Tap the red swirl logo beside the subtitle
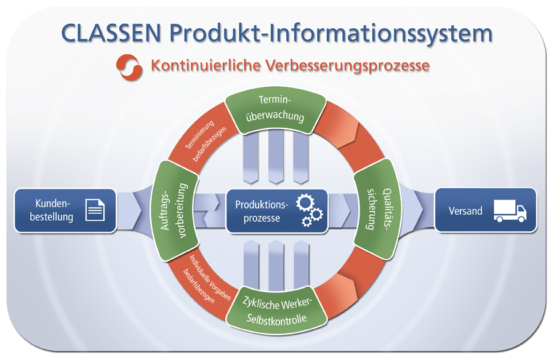130,66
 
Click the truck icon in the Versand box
510,211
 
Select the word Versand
465,211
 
